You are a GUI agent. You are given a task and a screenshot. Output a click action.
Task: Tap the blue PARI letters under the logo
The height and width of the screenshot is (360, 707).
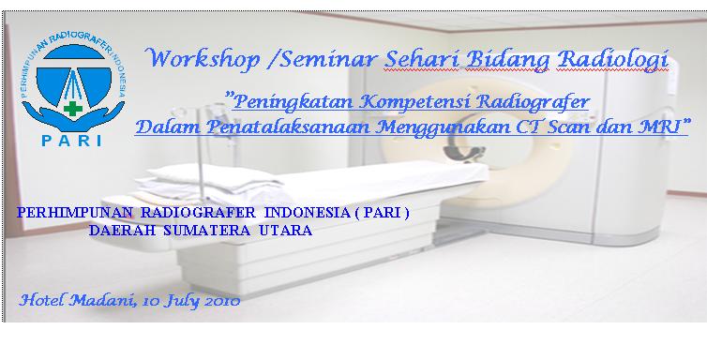tap(72, 142)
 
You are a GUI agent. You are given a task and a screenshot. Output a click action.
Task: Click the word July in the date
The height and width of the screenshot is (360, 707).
tap(178, 302)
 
